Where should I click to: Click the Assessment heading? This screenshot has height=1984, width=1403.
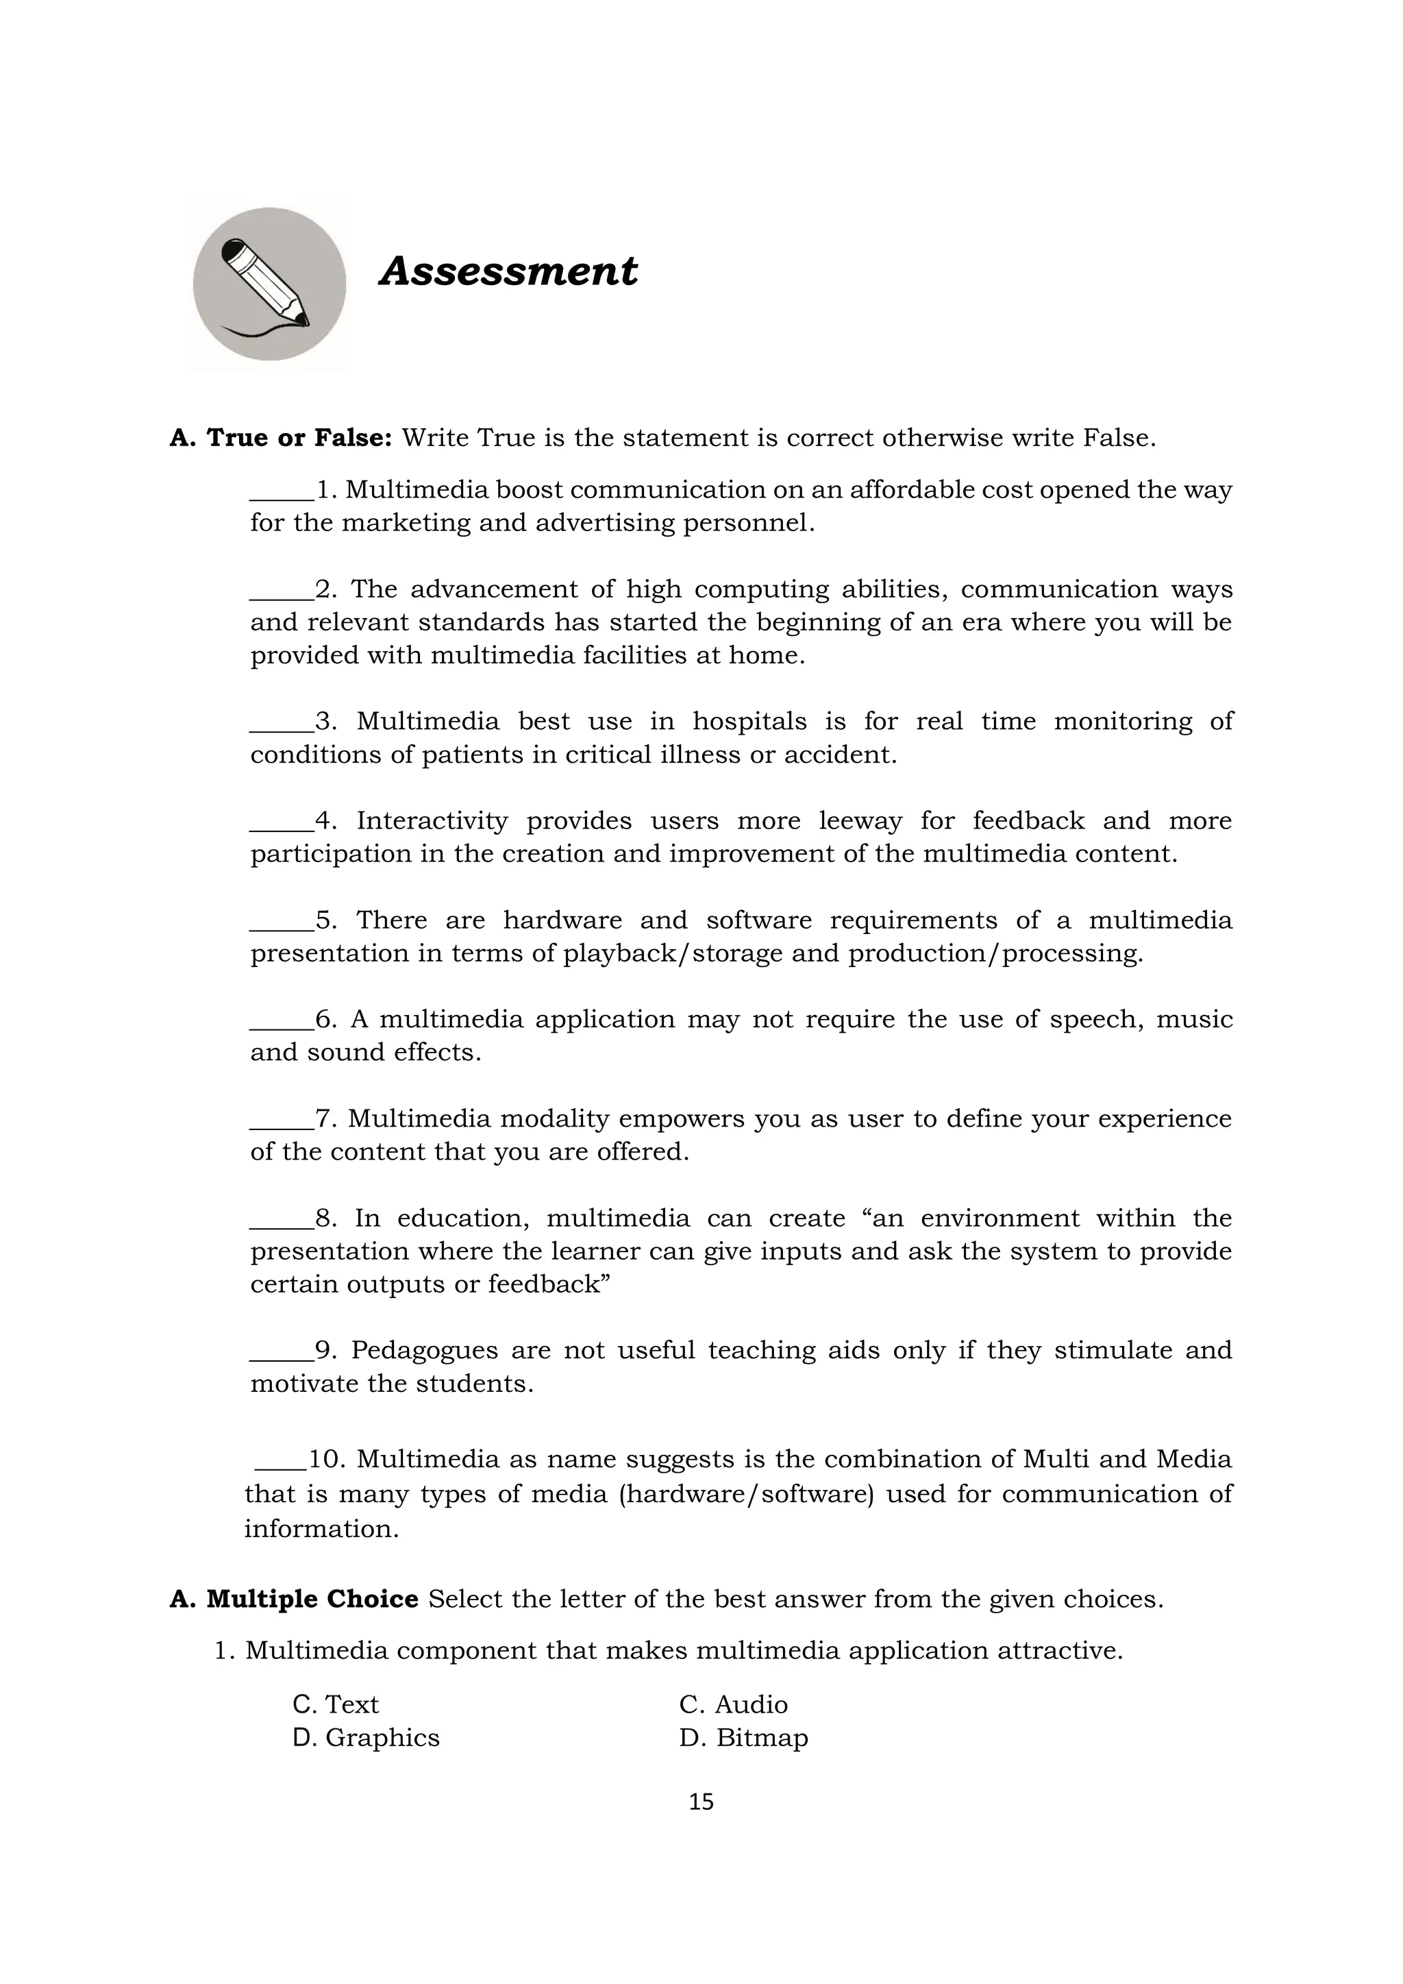(x=508, y=271)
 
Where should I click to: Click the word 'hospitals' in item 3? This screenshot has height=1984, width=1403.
(x=749, y=722)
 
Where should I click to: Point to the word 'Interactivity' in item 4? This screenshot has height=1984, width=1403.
(x=432, y=820)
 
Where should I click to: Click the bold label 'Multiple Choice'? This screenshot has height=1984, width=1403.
(x=312, y=1600)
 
